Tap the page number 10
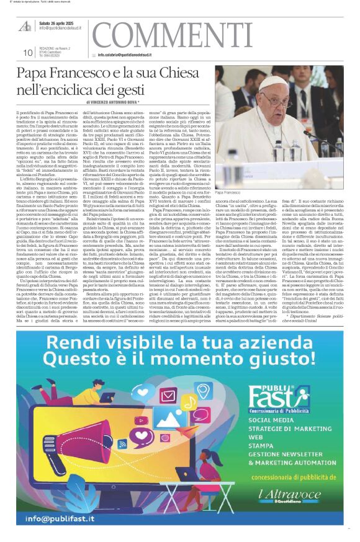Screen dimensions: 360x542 (x=27, y=53)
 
